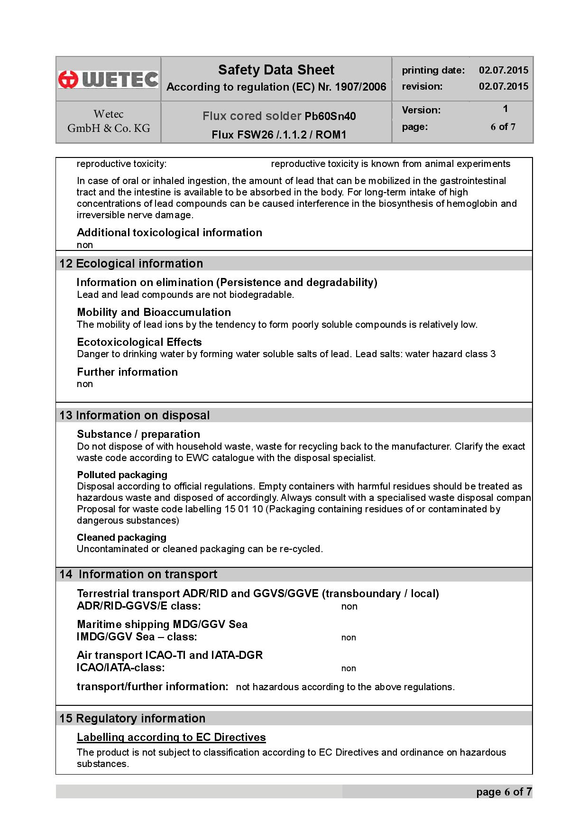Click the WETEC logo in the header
click(108, 79)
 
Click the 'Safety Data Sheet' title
click(276, 70)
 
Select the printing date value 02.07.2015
click(503, 70)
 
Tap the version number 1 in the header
click(505, 109)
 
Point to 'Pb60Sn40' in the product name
click(330, 116)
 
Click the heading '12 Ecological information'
click(131, 264)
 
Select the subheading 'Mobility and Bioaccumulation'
click(154, 312)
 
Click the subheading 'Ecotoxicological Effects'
click(139, 342)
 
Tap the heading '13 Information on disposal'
click(134, 416)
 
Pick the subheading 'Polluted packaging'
click(122, 475)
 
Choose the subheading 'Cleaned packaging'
click(121, 537)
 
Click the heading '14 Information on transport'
click(138, 574)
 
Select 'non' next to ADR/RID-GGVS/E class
click(349, 607)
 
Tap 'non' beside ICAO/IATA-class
click(349, 668)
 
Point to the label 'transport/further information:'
click(152, 686)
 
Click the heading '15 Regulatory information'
click(132, 719)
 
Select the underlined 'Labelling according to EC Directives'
click(171, 738)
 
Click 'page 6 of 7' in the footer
click(504, 792)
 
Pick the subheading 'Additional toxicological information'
click(169, 232)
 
